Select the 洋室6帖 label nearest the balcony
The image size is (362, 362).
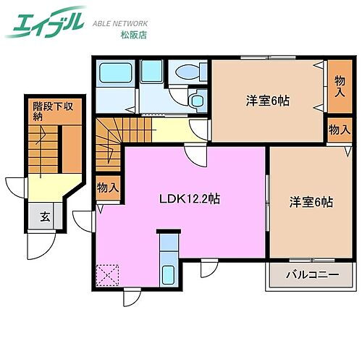(x=312, y=203)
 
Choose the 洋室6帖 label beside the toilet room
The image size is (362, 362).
(x=268, y=101)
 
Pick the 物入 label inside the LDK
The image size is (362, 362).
(x=108, y=188)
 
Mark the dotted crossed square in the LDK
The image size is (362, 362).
(x=108, y=275)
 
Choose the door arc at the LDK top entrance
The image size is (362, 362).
(x=194, y=156)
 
